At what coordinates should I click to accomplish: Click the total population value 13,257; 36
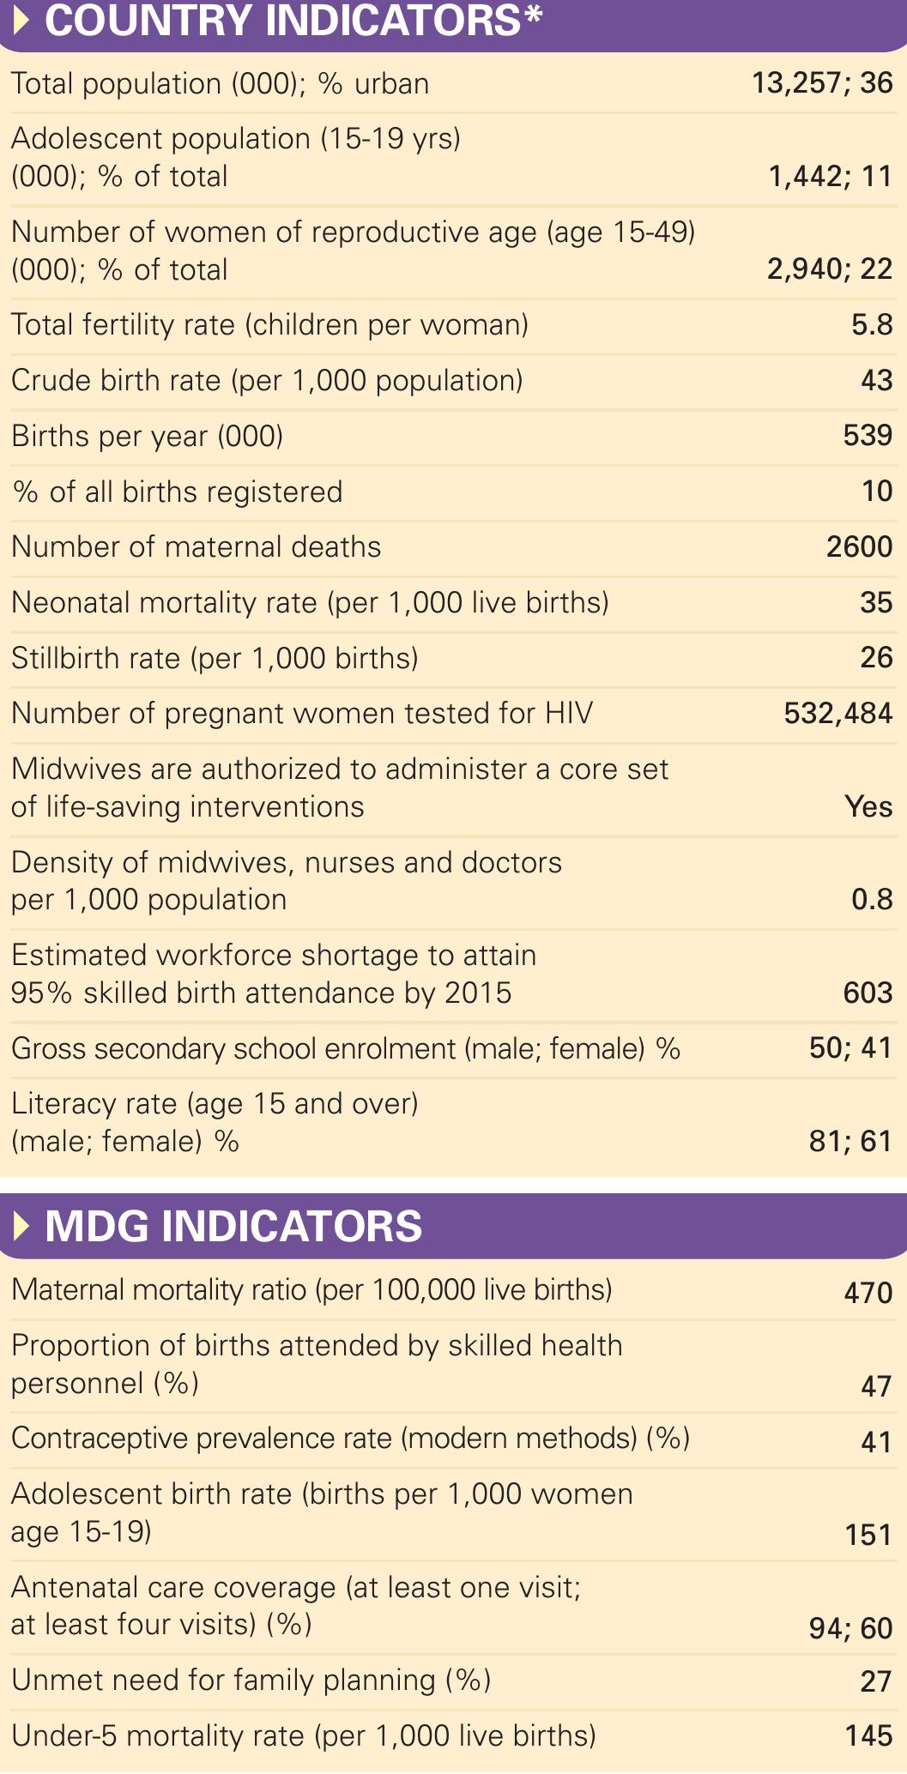click(x=822, y=83)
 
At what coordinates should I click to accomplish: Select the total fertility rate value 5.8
click(x=872, y=325)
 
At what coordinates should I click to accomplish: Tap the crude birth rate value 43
click(x=876, y=380)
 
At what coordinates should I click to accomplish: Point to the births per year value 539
click(x=868, y=436)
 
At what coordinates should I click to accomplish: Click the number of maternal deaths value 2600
click(x=859, y=546)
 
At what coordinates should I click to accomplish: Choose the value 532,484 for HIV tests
click(x=838, y=713)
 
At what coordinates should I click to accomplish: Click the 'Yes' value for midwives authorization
click(x=868, y=806)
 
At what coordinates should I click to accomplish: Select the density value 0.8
click(x=872, y=899)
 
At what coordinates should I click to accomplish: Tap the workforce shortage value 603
click(x=868, y=993)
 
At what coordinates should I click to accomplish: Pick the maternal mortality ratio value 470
click(x=868, y=1293)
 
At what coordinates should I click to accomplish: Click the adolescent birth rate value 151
click(x=868, y=1535)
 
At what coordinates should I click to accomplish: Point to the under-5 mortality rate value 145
click(x=868, y=1736)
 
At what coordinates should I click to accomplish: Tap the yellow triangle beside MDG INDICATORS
click(x=21, y=1226)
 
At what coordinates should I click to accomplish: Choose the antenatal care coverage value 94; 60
click(x=850, y=1628)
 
